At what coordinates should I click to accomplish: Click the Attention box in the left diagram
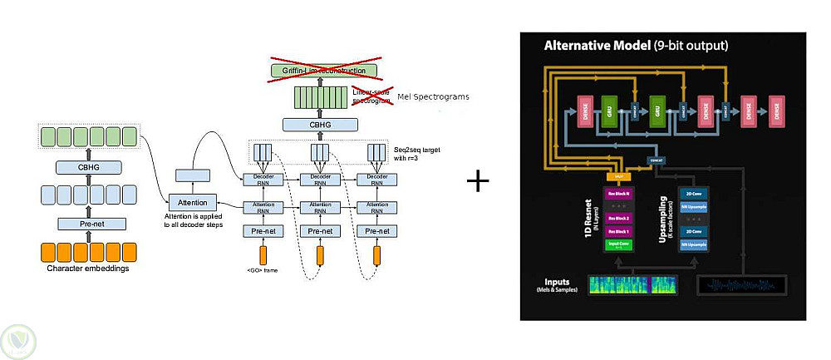click(192, 202)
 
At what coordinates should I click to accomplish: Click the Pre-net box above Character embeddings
click(91, 223)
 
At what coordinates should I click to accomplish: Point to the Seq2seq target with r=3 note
click(415, 153)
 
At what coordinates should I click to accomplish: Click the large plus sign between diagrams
click(477, 180)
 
